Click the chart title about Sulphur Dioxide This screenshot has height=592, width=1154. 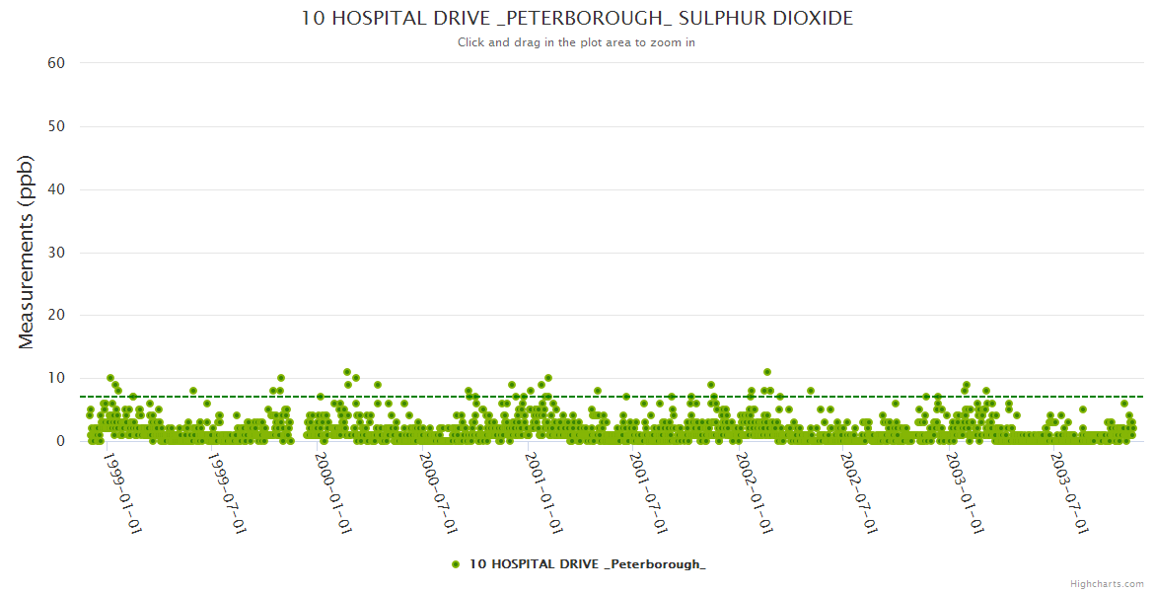pyautogui.click(x=577, y=19)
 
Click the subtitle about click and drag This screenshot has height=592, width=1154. pyautogui.click(x=577, y=42)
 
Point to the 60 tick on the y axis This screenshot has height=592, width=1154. pyautogui.click(x=56, y=63)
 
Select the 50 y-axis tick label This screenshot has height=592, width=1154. pyautogui.click(x=56, y=126)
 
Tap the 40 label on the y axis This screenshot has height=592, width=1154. pyautogui.click(x=56, y=189)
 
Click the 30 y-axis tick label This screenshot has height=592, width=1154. pyautogui.click(x=56, y=253)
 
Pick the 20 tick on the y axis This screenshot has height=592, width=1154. pyautogui.click(x=56, y=316)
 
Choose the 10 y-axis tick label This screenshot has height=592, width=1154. pyautogui.click(x=56, y=379)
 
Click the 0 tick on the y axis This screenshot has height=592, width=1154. pyautogui.click(x=60, y=442)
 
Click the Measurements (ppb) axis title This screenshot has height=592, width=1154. pyautogui.click(x=27, y=252)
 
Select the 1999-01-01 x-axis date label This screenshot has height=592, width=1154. pyautogui.click(x=123, y=493)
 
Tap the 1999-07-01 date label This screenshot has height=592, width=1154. pyautogui.click(x=228, y=493)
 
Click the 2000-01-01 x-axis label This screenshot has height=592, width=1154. pyautogui.click(x=333, y=493)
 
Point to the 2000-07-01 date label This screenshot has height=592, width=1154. pyautogui.click(x=438, y=493)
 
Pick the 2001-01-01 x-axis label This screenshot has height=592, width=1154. pyautogui.click(x=543, y=493)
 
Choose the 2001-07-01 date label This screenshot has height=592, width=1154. pyautogui.click(x=648, y=493)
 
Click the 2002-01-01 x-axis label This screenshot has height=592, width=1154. pyautogui.click(x=754, y=493)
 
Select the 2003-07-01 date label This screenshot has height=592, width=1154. pyautogui.click(x=1068, y=493)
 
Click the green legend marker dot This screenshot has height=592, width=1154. pyautogui.click(x=456, y=564)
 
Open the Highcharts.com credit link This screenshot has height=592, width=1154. pyautogui.click(x=1107, y=584)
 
